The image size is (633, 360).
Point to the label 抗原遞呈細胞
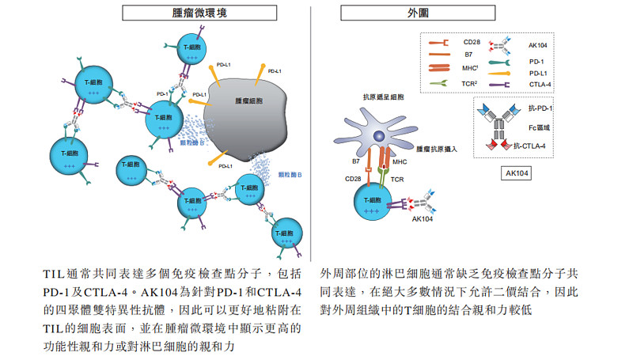coord(383,97)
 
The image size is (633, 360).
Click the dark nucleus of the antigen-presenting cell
coord(381,137)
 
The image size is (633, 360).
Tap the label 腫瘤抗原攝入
coord(438,148)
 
